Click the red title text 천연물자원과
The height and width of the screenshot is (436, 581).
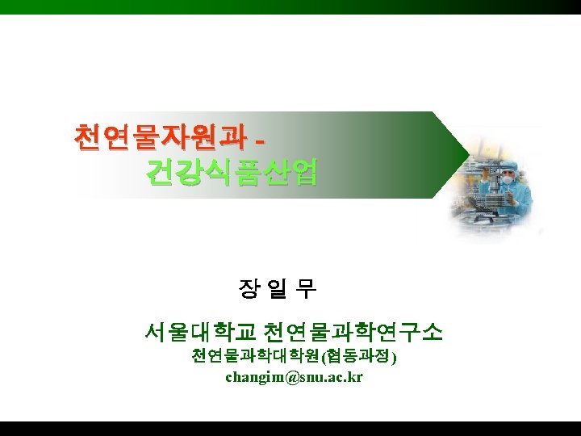158,136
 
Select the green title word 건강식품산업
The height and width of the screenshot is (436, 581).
232,172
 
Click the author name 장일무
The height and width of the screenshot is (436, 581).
278,288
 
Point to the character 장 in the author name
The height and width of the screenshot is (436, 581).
249,288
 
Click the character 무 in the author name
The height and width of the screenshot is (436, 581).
307,288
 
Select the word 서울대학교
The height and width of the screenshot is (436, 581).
199,332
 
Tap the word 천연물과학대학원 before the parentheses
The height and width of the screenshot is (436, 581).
256,356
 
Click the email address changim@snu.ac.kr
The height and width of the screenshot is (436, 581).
294,377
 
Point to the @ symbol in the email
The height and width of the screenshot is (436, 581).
281,377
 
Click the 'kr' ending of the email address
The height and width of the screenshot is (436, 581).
355,377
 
